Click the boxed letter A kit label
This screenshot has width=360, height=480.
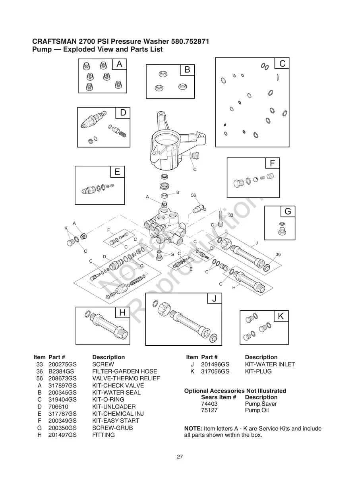tap(119, 64)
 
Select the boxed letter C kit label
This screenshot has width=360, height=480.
tap(282, 64)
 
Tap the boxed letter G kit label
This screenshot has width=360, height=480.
tap(288, 212)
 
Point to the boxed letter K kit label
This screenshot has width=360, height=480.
tap(281, 316)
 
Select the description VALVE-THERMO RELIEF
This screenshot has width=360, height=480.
tap(126, 378)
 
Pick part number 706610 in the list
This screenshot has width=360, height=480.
tap(58, 407)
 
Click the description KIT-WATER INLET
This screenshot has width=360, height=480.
tap(270, 364)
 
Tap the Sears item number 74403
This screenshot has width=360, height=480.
tap(209, 404)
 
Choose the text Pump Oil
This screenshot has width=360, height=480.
tap(257, 410)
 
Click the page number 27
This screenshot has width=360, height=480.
tap(180, 457)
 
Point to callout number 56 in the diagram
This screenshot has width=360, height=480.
tap(194, 195)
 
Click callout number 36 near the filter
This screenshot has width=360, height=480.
tap(278, 254)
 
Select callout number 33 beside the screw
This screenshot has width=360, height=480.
tap(230, 215)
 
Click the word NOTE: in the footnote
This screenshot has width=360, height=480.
tap(193, 429)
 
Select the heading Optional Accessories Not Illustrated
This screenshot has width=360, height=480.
tap(235, 391)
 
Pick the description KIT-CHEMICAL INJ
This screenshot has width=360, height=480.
tap(118, 414)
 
